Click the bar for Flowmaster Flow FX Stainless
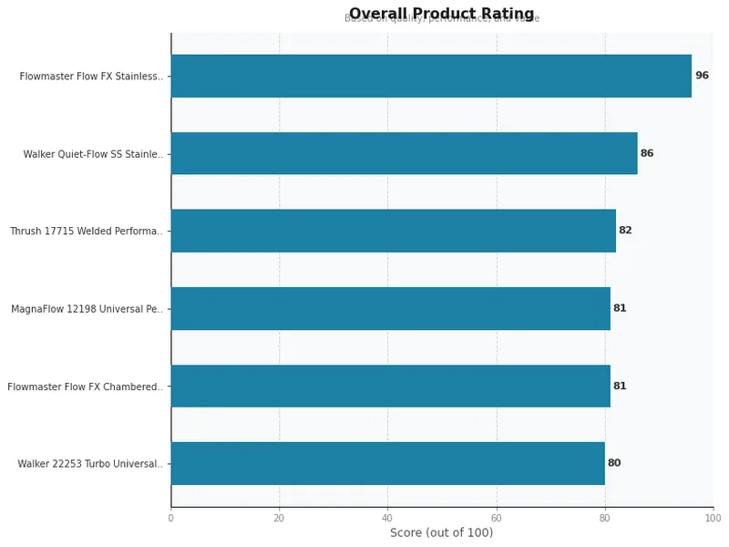(431, 76)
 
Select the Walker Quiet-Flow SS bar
(404, 153)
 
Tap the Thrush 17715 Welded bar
(393, 231)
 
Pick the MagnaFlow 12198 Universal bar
(390, 308)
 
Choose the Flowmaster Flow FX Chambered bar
(390, 386)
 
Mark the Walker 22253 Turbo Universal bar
(387, 463)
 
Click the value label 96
(702, 76)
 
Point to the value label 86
(647, 153)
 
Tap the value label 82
(625, 231)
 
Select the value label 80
(614, 463)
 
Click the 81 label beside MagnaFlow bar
(620, 308)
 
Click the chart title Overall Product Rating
(441, 14)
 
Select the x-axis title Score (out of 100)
(441, 532)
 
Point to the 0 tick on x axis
(170, 518)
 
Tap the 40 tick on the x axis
(387, 518)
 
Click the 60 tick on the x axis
(496, 518)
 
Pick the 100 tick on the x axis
(713, 518)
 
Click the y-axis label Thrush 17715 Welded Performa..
(87, 232)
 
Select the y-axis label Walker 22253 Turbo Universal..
(90, 464)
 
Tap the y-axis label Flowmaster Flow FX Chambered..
(86, 387)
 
